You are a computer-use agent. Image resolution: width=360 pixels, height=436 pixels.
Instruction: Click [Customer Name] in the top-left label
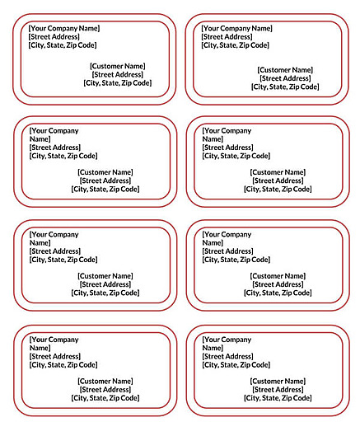coord(117,66)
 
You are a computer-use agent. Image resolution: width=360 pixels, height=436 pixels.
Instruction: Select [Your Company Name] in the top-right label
coord(236,28)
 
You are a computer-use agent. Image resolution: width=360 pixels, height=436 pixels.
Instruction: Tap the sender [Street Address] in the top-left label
coord(54,36)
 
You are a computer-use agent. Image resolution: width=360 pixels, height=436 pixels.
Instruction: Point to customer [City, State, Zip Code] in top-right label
coord(285,87)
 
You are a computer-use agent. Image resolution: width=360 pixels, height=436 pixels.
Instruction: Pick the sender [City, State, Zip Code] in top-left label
coord(63,45)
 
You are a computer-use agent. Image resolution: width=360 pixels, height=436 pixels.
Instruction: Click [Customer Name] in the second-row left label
coord(105,172)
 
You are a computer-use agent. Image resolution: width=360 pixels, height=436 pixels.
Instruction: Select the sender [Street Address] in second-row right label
coord(227,148)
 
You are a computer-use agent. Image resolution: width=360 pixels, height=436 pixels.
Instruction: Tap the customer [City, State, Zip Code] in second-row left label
coord(105,189)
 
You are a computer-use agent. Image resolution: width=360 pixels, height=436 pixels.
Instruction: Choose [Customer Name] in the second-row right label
coord(278,172)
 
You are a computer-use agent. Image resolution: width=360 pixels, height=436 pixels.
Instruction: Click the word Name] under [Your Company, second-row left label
coord(40,139)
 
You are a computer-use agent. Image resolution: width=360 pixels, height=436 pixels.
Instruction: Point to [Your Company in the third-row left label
coord(54,234)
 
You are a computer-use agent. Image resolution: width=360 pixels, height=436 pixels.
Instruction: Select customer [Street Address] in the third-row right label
coord(278,284)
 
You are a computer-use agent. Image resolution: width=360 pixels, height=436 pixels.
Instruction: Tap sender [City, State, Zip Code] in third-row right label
coord(236,260)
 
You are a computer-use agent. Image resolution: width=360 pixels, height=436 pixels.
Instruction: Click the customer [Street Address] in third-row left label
coord(105,284)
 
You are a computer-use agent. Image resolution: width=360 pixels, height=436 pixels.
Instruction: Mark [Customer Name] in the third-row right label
coord(278,276)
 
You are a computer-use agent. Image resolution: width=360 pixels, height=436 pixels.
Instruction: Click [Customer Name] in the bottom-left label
coord(105,381)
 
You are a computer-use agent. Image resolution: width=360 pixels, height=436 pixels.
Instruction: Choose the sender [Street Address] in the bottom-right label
coord(227,356)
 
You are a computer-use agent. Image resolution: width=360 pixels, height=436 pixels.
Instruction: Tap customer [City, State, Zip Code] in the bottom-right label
coord(278,397)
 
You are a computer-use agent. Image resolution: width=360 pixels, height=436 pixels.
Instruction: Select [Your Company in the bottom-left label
coord(54,339)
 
